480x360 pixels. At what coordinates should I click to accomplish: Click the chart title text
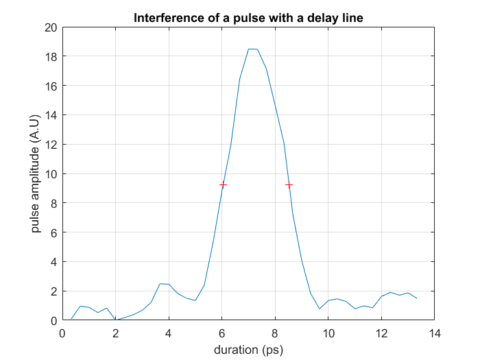pos(248,17)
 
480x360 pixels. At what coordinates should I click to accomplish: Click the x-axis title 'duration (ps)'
pos(248,349)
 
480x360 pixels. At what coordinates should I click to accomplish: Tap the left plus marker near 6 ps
pos(223,184)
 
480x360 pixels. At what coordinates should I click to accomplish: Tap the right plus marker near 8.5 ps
pos(289,184)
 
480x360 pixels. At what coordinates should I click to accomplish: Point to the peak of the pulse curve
pos(252,49)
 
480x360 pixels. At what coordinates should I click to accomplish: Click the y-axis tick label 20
pos(50,27)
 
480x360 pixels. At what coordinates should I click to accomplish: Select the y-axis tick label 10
pos(50,174)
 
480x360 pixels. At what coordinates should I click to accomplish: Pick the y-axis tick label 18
pos(50,57)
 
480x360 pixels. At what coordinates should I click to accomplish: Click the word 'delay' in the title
pos(315,17)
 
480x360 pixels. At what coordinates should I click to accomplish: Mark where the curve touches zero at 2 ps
pos(116,320)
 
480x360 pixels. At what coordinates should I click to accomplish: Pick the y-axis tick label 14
pos(50,115)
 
